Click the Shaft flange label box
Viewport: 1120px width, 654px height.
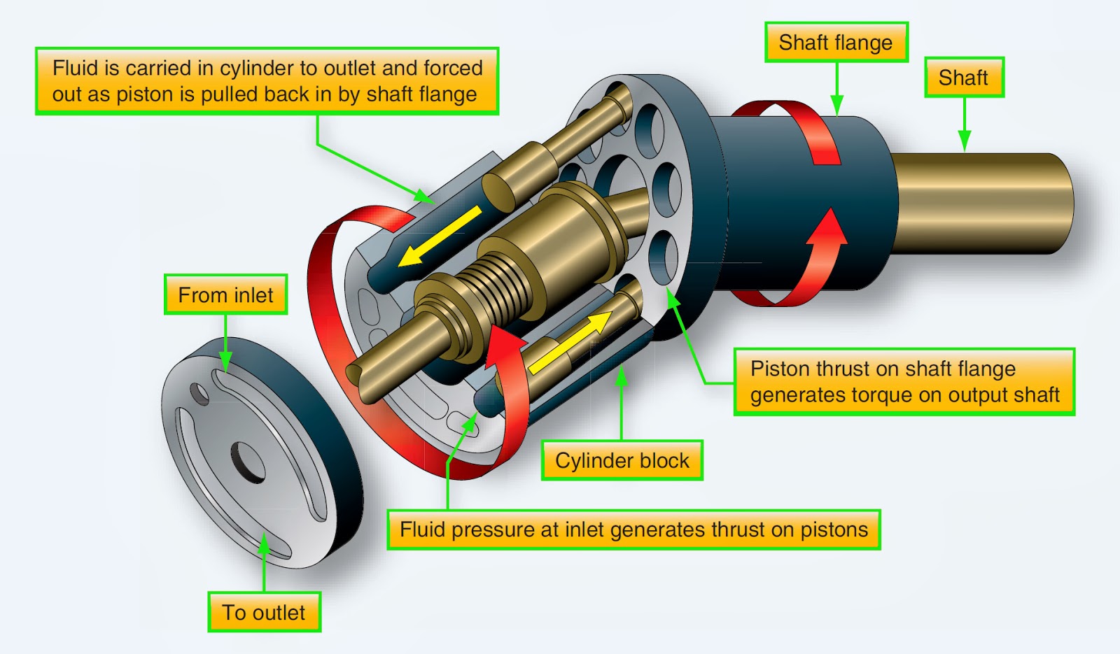(x=836, y=43)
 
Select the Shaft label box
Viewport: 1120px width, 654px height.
(x=963, y=78)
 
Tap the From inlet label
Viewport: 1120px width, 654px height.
(x=225, y=295)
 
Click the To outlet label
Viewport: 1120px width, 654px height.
(x=264, y=613)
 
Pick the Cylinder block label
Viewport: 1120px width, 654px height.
(x=622, y=461)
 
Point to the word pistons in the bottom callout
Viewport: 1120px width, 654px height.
(x=834, y=529)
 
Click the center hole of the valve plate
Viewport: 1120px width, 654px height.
(x=247, y=462)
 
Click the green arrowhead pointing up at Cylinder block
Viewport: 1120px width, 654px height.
(x=621, y=376)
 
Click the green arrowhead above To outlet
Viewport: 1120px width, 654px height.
(x=264, y=545)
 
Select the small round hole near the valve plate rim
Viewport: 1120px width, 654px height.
(x=200, y=394)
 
